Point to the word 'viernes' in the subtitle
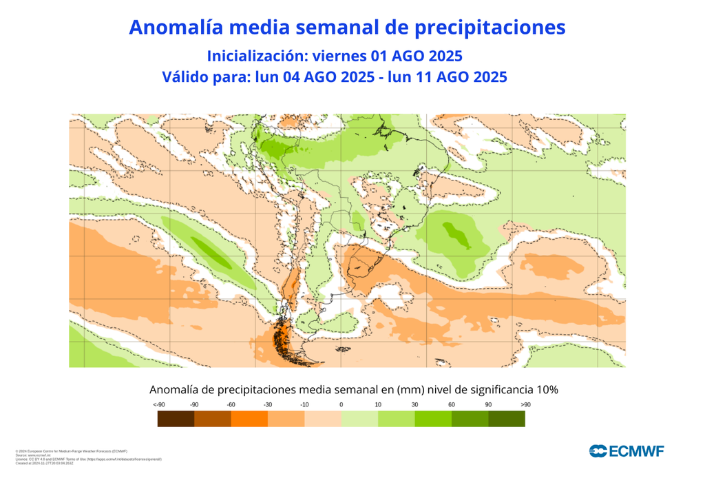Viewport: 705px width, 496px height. pos(337,55)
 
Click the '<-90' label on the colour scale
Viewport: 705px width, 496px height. pos(159,404)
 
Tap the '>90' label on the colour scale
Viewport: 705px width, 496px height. pos(525,404)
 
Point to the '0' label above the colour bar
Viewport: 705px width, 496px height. pos(341,404)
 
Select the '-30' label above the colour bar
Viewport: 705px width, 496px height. pos(268,404)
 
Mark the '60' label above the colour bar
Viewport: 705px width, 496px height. pos(452,404)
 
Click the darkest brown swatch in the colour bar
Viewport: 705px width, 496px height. pos(176,418)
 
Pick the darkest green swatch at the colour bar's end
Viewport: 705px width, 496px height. pos(507,418)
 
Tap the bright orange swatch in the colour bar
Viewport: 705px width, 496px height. pos(249,418)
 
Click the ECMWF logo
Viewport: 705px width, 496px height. pos(626,451)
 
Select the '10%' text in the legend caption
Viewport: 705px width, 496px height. pos(545,389)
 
